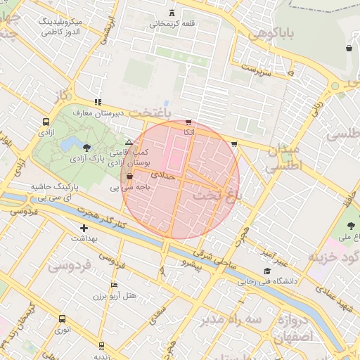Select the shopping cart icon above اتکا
click(x=188, y=122)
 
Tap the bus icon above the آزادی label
click(x=46, y=121)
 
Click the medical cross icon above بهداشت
click(x=84, y=228)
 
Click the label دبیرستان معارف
click(x=99, y=112)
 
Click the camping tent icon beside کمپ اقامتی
click(x=129, y=142)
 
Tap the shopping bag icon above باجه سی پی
click(x=129, y=176)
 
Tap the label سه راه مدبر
click(x=230, y=320)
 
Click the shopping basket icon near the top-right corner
click(x=349, y=48)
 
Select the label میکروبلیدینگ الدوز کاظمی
click(x=52, y=27)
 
